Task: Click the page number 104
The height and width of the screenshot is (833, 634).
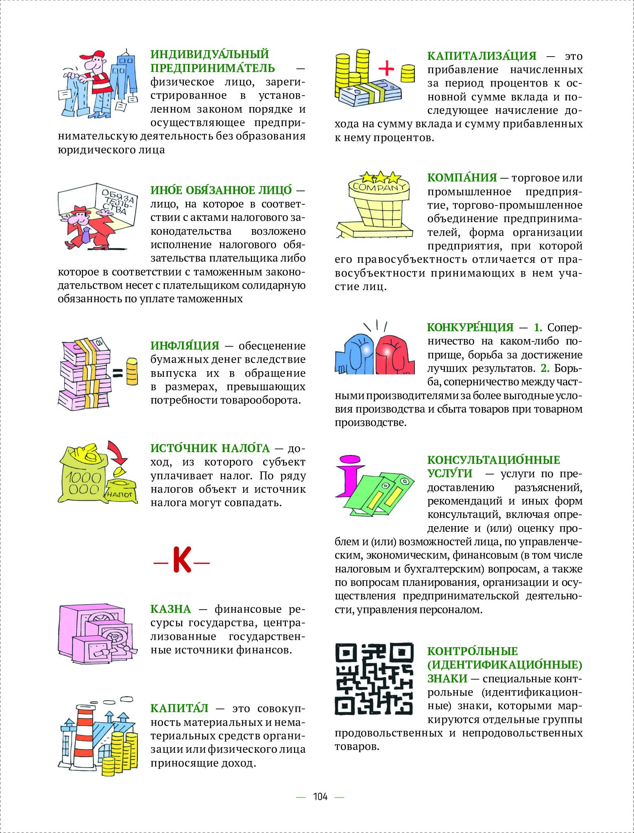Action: [x=320, y=796]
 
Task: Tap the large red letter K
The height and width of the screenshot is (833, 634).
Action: [x=182, y=560]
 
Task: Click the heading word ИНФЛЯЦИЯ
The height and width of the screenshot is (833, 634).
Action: [x=185, y=346]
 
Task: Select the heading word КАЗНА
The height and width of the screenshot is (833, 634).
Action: [x=170, y=609]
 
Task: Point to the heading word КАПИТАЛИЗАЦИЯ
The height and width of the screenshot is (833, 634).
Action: [x=481, y=56]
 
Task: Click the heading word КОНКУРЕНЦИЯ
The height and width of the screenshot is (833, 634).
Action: [x=470, y=328]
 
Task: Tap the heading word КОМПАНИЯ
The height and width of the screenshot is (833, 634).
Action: [x=462, y=178]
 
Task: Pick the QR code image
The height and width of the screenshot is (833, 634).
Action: [x=374, y=679]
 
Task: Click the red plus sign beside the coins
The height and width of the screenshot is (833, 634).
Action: [x=386, y=68]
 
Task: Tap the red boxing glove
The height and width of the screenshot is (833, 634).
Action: [x=394, y=354]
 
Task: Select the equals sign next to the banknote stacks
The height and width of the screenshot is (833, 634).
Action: [x=118, y=373]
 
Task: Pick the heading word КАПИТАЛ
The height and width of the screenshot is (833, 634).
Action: [x=179, y=708]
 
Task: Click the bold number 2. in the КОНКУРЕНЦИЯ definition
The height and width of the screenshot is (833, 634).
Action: [x=545, y=368]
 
